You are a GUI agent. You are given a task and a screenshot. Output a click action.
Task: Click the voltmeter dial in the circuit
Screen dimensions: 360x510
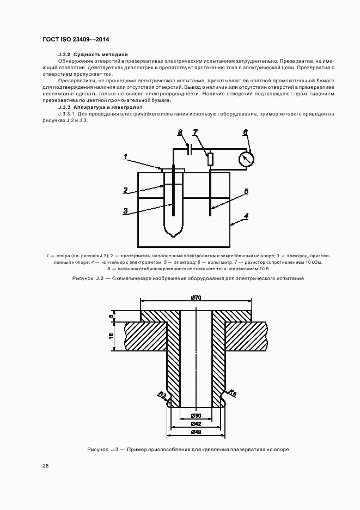click(x=247, y=159)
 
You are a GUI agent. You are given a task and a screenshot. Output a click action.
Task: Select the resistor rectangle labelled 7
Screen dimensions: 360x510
click(x=210, y=159)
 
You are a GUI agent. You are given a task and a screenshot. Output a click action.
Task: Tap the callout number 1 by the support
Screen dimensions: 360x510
click(x=125, y=156)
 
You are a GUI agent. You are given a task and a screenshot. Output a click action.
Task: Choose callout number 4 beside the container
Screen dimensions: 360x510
click(x=246, y=216)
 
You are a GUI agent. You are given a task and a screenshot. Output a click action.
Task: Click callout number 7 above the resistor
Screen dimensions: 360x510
click(x=195, y=133)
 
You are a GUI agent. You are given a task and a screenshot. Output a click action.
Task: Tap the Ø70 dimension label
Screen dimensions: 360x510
click(x=196, y=297)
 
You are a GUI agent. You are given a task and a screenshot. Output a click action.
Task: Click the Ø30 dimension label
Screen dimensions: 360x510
click(x=196, y=416)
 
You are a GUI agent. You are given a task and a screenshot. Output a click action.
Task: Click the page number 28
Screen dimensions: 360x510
click(x=46, y=466)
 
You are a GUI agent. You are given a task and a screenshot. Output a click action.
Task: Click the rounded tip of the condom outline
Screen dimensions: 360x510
click(x=173, y=235)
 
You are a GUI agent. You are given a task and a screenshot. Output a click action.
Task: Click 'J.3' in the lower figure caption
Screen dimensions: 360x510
click(x=114, y=450)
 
